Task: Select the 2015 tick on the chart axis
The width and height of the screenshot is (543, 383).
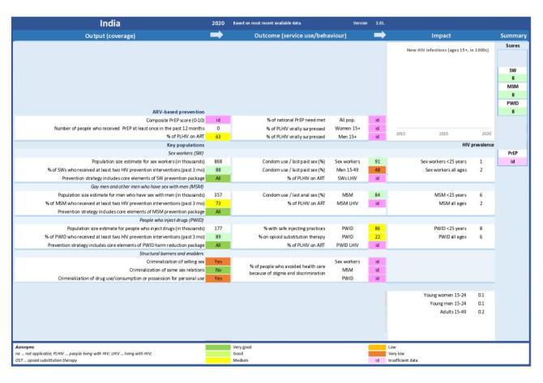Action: click(443, 134)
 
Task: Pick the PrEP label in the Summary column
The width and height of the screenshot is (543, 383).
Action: click(513, 152)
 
